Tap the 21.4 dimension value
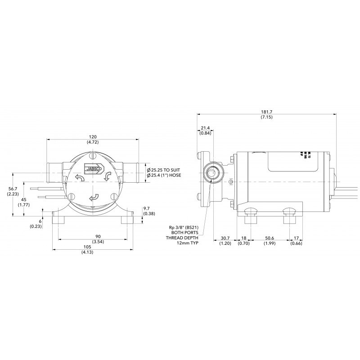click(x=206, y=128)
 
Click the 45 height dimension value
click(x=23, y=200)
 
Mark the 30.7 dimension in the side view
click(x=225, y=238)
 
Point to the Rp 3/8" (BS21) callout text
click(x=182, y=227)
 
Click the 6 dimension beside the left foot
click(x=40, y=221)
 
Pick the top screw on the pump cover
click(x=92, y=157)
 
